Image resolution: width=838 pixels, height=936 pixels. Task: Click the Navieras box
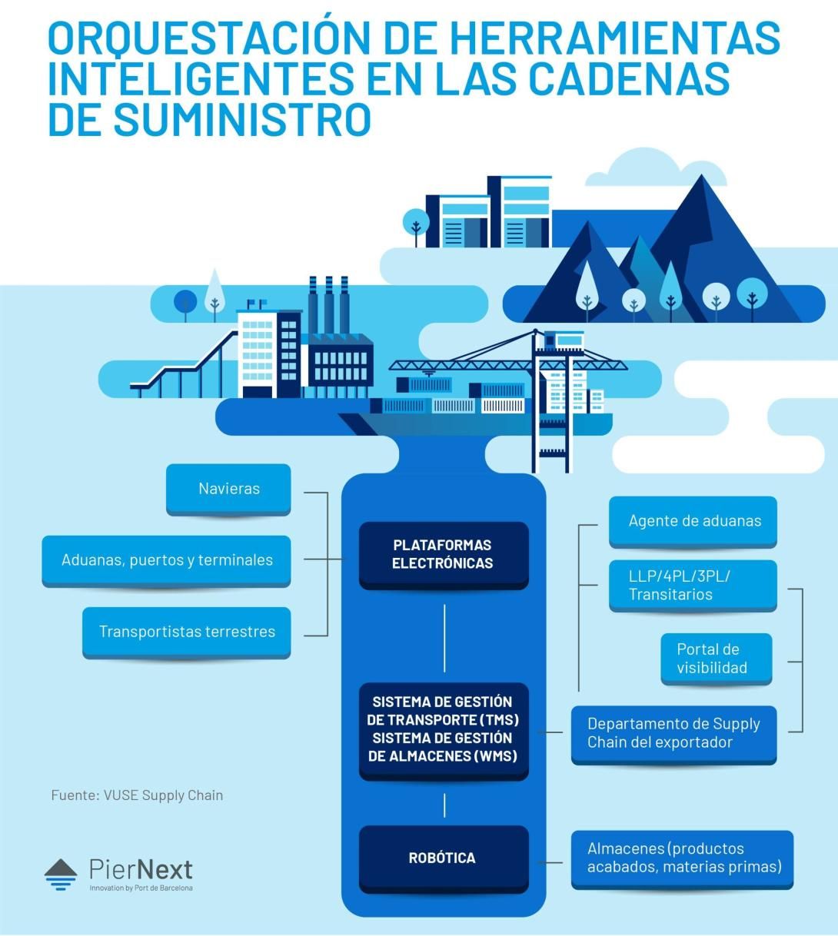click(228, 490)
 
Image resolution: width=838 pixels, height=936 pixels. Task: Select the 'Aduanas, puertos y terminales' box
click(166, 561)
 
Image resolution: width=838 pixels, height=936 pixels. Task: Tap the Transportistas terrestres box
click(187, 632)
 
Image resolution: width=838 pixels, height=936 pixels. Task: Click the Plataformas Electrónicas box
click(444, 555)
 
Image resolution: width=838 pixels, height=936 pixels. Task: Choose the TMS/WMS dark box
click(444, 730)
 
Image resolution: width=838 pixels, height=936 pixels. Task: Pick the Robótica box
click(444, 859)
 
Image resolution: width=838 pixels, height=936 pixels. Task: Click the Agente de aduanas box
click(693, 522)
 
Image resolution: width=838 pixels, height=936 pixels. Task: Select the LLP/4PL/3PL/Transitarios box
click(693, 586)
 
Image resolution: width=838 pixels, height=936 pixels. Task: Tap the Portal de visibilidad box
click(717, 659)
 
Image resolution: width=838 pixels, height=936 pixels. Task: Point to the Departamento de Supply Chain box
click(674, 734)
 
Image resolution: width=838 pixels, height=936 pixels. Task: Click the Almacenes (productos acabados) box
click(682, 859)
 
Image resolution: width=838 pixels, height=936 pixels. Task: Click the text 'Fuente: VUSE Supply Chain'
click(137, 795)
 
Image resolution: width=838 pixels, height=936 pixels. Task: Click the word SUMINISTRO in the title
click(242, 119)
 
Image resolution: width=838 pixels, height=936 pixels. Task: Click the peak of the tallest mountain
click(702, 175)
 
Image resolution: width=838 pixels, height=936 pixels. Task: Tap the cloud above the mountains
click(656, 168)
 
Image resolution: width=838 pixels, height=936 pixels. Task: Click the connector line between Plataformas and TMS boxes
click(444, 638)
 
